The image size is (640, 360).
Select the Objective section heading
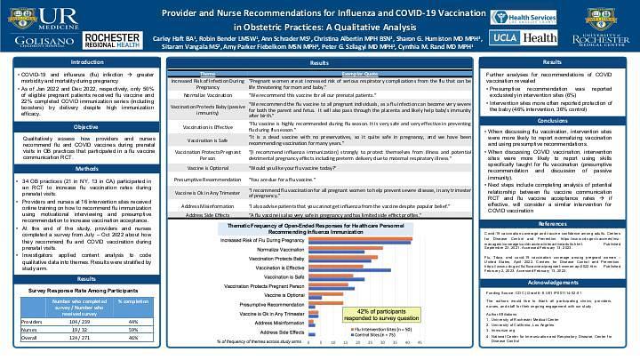pyautogui.click(x=86, y=127)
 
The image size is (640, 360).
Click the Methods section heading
pyautogui.click(x=86, y=169)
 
